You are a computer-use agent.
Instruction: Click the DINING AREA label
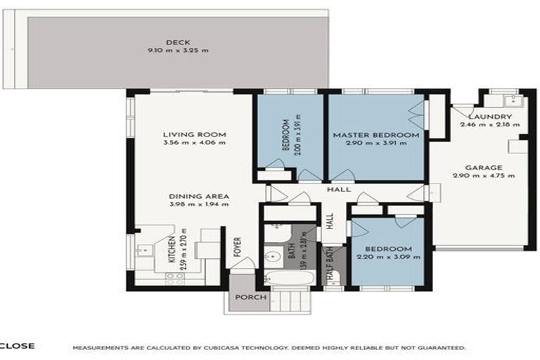pyautogui.click(x=200, y=196)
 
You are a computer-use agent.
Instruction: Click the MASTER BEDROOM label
pyautogui.click(x=376, y=134)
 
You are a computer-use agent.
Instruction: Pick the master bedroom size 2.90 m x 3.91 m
pyautogui.click(x=376, y=143)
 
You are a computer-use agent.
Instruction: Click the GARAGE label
pyautogui.click(x=483, y=167)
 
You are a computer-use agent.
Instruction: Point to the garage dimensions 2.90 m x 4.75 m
pyautogui.click(x=483, y=176)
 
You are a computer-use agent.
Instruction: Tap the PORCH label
pyautogui.click(x=250, y=297)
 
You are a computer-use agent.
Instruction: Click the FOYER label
pyautogui.click(x=238, y=253)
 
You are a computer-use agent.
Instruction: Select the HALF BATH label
pyautogui.click(x=328, y=266)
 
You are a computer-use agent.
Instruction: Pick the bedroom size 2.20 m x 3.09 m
pyautogui.click(x=388, y=258)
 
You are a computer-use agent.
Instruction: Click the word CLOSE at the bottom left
pyautogui.click(x=17, y=346)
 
